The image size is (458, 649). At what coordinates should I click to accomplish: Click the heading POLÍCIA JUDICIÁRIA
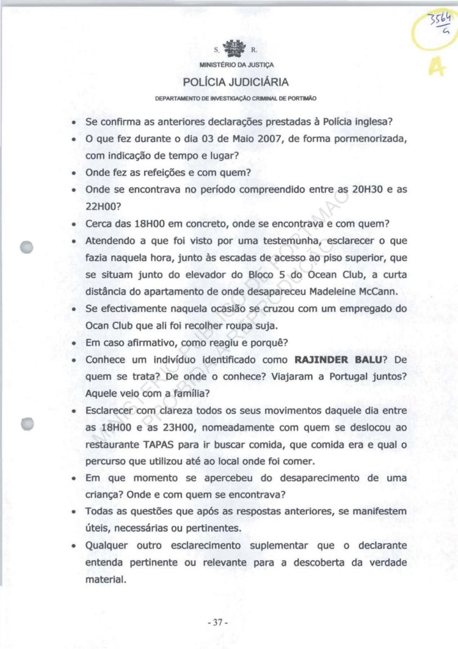pyautogui.click(x=235, y=82)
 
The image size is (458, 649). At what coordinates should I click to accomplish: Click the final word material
pyautogui.click(x=105, y=579)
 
